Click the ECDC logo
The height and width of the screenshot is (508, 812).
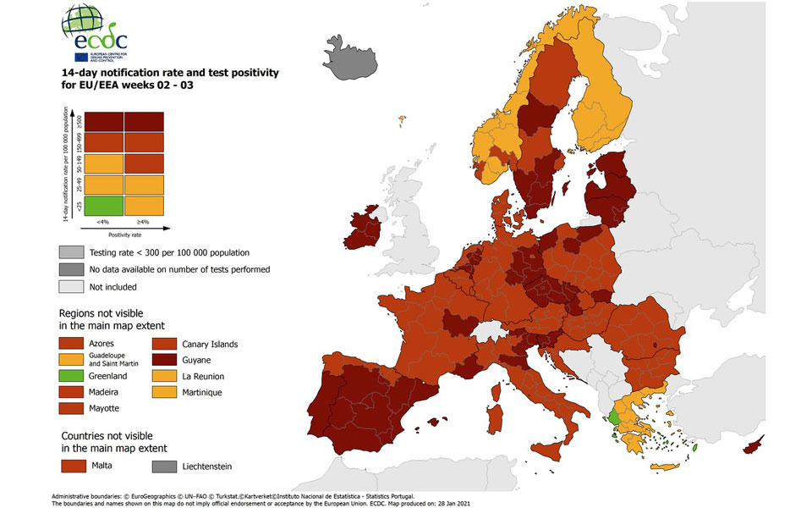[95, 35]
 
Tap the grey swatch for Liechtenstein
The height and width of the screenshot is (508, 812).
[165, 466]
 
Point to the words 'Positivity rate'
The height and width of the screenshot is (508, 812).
[123, 234]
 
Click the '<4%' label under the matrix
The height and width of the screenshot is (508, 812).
[101, 222]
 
